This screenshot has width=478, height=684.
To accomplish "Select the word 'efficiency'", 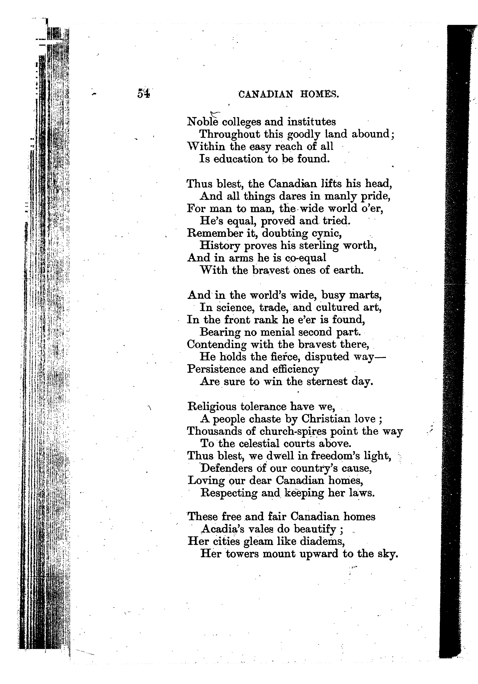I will pyautogui.click(x=296, y=369).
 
